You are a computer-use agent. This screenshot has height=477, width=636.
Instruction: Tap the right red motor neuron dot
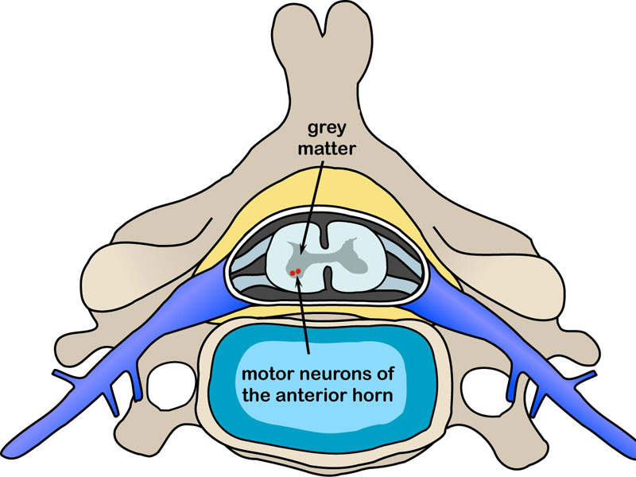300,270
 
